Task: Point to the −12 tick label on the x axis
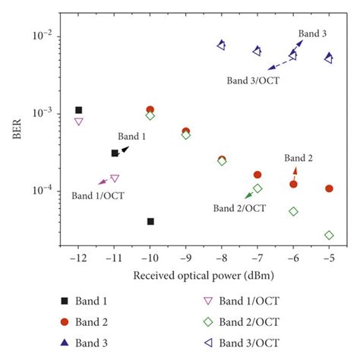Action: pyautogui.click(x=78, y=258)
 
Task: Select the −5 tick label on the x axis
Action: pyautogui.click(x=328, y=258)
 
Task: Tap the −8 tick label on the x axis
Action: pyautogui.click(x=221, y=258)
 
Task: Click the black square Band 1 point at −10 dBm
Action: pyautogui.click(x=150, y=221)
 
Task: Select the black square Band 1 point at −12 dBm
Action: pyautogui.click(x=79, y=110)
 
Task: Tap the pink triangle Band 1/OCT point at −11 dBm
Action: pyautogui.click(x=115, y=178)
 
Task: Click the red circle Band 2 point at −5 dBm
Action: pyautogui.click(x=329, y=188)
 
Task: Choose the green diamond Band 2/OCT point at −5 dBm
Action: pyautogui.click(x=329, y=235)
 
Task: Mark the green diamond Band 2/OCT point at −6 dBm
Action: pyautogui.click(x=293, y=211)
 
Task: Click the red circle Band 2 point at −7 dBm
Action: pyautogui.click(x=257, y=175)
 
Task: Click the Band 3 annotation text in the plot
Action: pyautogui.click(x=312, y=33)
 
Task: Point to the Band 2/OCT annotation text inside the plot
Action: pyautogui.click(x=239, y=208)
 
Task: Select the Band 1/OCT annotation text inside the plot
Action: pyautogui.click(x=98, y=196)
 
